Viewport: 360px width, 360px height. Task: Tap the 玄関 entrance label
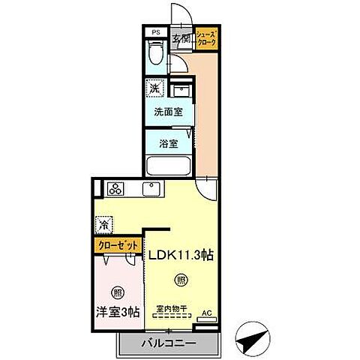180,39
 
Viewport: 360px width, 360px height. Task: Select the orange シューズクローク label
206,39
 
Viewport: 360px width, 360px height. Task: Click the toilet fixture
156,54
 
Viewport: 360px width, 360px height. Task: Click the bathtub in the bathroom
169,166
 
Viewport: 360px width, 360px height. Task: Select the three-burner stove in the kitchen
117,187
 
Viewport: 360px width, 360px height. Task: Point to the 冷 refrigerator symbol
103,224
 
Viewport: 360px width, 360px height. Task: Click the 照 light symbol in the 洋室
116,292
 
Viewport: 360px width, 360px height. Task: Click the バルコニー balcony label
169,344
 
